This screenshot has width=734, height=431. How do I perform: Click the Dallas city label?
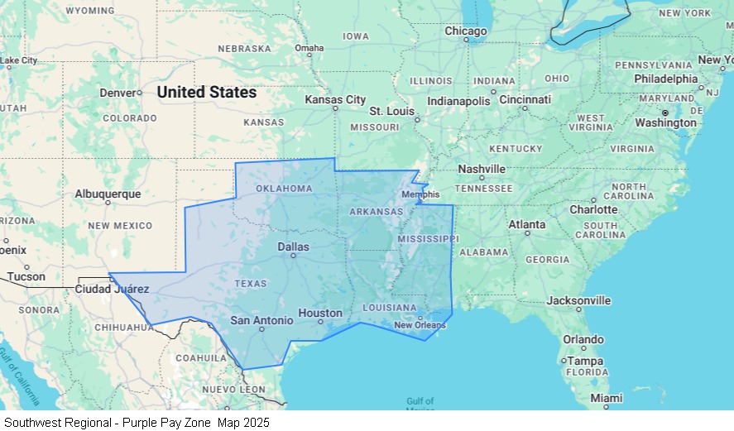(293, 247)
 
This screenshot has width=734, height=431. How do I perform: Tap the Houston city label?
(320, 313)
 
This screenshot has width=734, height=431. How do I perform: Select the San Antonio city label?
(261, 320)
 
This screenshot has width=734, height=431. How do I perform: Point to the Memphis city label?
(420, 194)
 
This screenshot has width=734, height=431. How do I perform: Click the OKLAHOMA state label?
(284, 189)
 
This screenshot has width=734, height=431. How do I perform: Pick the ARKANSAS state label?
(376, 212)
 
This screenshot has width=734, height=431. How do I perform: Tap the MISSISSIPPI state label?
(427, 238)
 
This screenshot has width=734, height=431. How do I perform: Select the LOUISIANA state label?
(390, 308)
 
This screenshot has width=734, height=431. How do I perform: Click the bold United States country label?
(207, 92)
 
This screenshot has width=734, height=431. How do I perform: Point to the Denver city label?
(117, 93)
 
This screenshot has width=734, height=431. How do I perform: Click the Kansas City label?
(335, 99)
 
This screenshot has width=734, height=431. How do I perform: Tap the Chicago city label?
(466, 31)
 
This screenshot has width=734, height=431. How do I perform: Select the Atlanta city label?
(526, 224)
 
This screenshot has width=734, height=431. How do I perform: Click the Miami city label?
(607, 398)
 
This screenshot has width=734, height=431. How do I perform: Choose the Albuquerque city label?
(108, 194)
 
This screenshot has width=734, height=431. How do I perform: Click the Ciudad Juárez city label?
(112, 289)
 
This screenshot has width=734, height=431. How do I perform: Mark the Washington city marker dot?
(665, 113)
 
